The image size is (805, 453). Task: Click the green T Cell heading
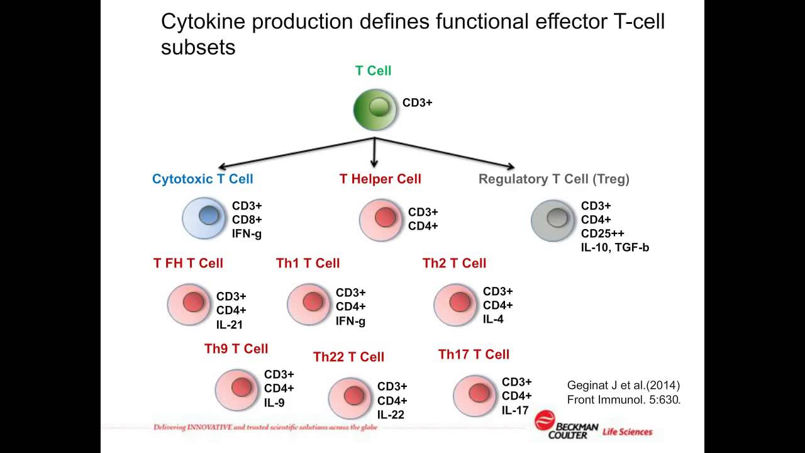pos(373,70)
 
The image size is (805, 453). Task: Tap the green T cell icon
pos(375,109)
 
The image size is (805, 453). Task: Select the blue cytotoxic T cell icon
pos(204,218)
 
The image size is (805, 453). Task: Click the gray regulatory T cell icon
pos(553,220)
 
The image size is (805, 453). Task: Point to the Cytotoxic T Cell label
pos(203,179)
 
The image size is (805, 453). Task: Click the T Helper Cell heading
pos(380,179)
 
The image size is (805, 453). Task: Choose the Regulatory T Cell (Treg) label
pos(554,179)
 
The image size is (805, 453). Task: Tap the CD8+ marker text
pos(247,220)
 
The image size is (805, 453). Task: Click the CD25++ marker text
pos(602,233)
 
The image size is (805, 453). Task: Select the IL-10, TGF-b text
pos(615,247)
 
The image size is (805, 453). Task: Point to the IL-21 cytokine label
pos(230,325)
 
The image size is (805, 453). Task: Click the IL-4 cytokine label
pos(493,319)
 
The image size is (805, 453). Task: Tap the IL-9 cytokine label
pos(274,403)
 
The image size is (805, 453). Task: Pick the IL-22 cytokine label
pos(391,415)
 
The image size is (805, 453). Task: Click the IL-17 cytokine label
pos(515,410)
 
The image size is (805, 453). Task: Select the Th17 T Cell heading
pos(474,354)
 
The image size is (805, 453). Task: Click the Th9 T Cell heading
pos(236,349)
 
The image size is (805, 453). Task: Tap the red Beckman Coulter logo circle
pos(545,420)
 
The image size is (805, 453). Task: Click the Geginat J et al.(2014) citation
pos(623,385)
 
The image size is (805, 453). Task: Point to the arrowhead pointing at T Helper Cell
pos(374,164)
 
